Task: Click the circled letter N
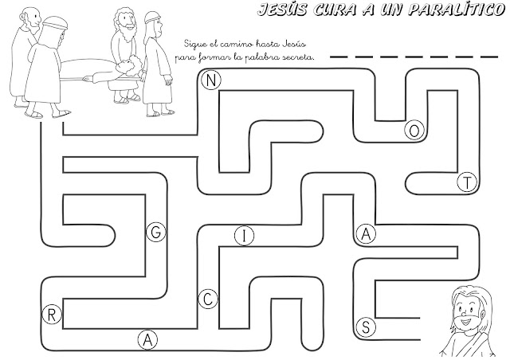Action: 210,80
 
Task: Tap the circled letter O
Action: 414,130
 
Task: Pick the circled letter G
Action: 156,233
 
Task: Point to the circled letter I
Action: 245,234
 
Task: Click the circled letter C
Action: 207,299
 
